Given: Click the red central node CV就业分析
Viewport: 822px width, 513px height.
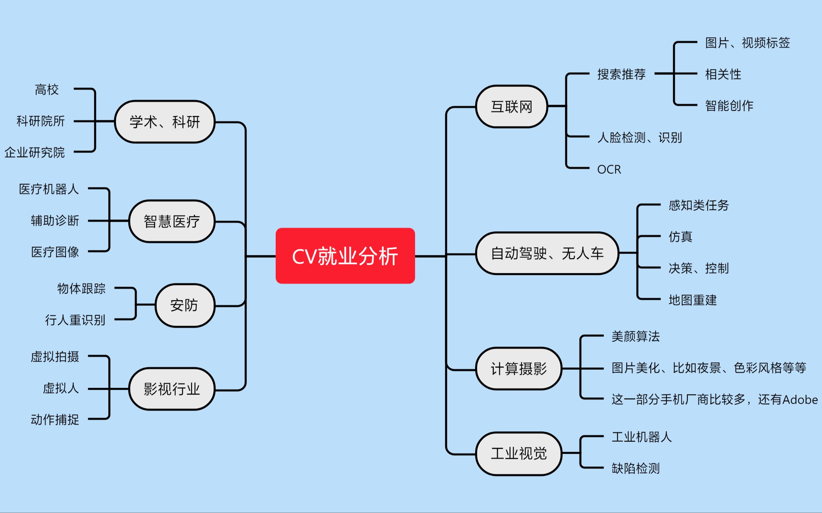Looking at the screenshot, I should [345, 256].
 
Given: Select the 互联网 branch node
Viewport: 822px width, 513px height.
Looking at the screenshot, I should [511, 107].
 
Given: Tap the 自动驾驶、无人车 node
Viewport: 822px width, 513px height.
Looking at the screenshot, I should [547, 253].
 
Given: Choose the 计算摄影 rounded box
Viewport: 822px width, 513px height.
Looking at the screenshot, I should [519, 368].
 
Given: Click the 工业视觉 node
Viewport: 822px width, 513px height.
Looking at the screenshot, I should [519, 453].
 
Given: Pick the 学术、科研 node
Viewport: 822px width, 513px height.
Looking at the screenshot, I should [165, 122].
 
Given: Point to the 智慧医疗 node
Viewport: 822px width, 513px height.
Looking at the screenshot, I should [172, 221].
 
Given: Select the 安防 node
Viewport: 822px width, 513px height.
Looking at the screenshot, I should [184, 305].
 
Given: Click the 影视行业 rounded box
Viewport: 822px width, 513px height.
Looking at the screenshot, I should [172, 389].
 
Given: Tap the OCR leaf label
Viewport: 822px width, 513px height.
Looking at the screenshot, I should [609, 169].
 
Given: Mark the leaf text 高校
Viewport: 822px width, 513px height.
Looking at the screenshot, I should [47, 90].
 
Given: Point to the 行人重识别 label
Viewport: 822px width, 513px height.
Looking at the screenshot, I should [75, 320].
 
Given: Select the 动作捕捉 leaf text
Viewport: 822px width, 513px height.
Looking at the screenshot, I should [55, 420].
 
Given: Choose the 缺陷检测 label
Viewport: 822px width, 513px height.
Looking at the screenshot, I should [635, 468].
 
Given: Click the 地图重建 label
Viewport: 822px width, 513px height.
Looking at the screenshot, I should [692, 300].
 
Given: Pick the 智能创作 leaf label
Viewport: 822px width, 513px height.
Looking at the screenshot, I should [729, 106].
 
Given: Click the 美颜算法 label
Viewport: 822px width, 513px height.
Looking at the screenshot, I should [635, 336].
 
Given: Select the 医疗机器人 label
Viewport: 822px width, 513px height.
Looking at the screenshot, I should [48, 189].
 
